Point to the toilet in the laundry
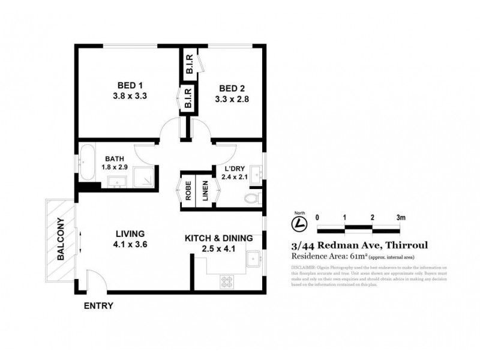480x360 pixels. (x=253, y=198)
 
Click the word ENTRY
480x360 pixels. (x=98, y=305)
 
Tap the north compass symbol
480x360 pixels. (x=296, y=223)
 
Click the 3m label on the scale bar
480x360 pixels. (x=401, y=217)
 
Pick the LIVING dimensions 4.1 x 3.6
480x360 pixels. (x=127, y=244)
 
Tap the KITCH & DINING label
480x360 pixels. (x=218, y=238)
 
